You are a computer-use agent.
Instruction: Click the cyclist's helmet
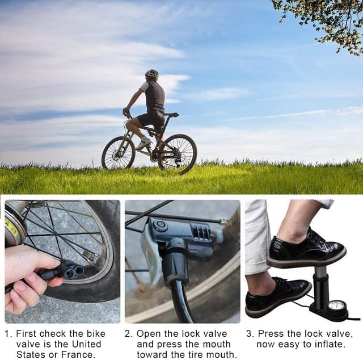point(152,74)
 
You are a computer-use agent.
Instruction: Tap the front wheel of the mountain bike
point(119,153)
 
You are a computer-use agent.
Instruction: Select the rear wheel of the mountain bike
point(178,154)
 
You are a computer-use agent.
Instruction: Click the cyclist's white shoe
point(143,143)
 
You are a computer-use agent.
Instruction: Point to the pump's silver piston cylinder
point(320,271)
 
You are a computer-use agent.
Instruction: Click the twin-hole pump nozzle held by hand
point(73,270)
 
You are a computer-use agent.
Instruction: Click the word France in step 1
point(78,354)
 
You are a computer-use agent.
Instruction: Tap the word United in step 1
point(87,344)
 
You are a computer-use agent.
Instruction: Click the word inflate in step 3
point(330,344)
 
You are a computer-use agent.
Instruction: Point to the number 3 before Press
point(249,334)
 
